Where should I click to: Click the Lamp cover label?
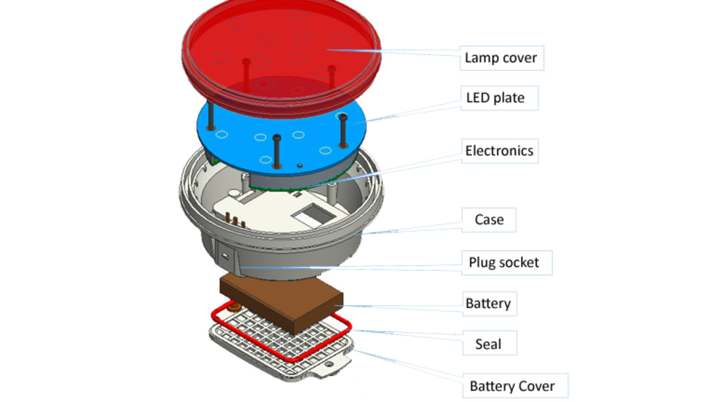501,58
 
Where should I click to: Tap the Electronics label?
500,151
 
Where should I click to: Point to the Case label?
489,219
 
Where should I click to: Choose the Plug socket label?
504,261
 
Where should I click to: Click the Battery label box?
488,303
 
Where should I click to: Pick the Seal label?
487,343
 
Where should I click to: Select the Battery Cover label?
512,386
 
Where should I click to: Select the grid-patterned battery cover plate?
262,350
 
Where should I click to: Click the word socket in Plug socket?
520,261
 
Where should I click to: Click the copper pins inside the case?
233,219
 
